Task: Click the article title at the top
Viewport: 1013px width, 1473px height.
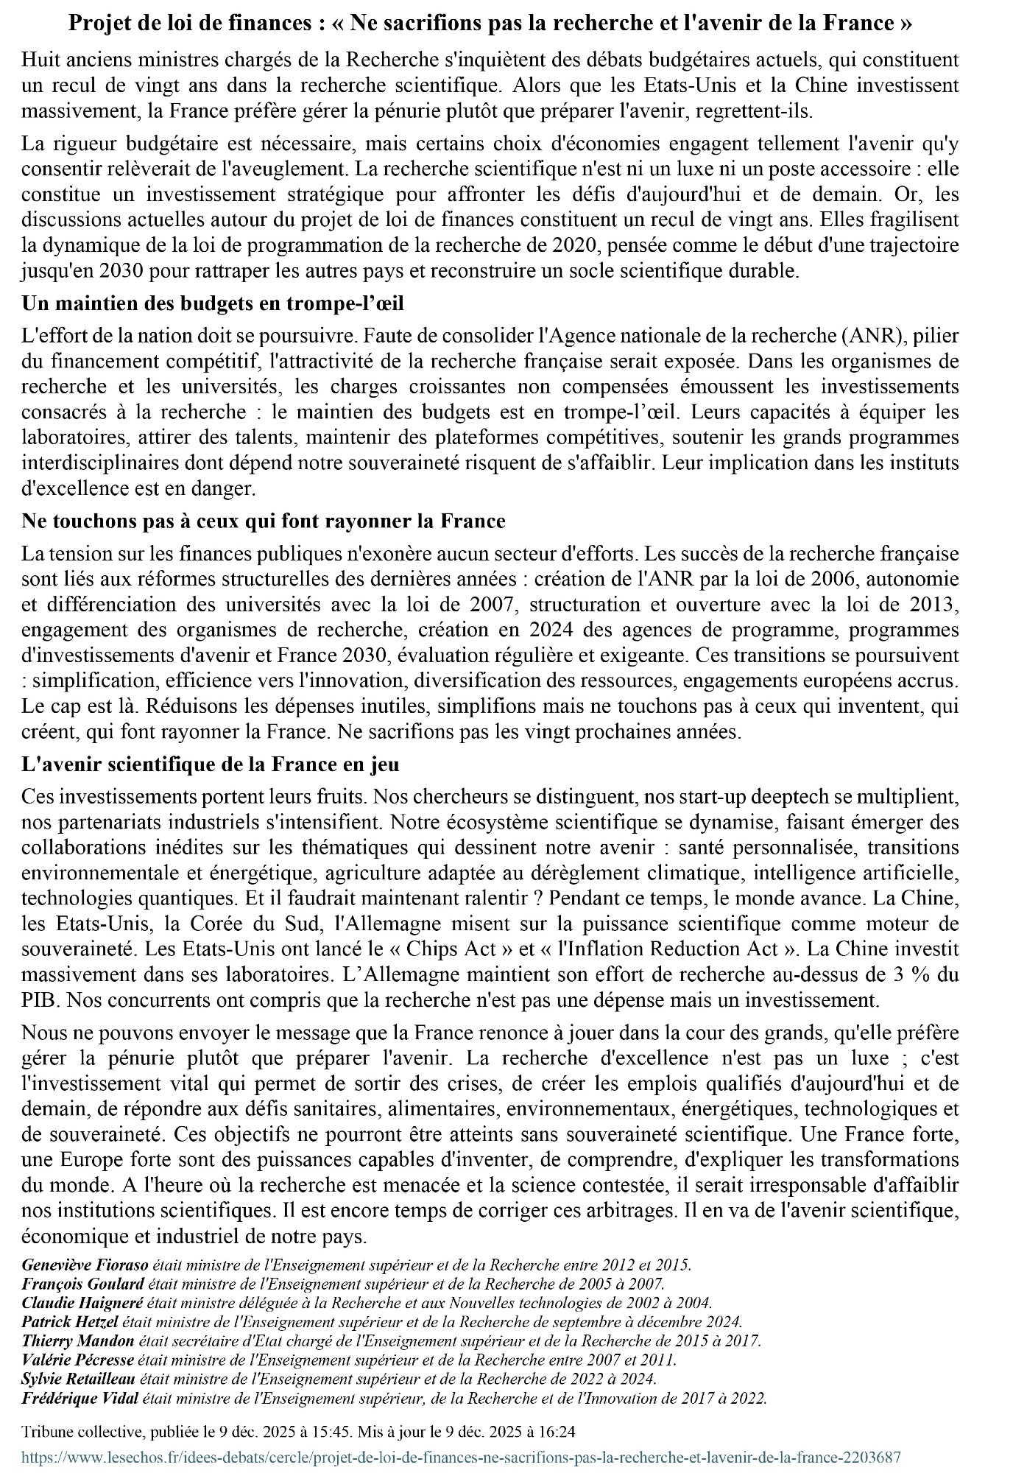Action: [x=490, y=24]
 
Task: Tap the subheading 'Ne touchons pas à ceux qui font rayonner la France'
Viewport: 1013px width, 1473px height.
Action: [x=264, y=521]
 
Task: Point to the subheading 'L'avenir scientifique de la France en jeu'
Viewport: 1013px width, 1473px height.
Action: [x=211, y=764]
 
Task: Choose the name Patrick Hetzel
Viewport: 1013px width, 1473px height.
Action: [x=70, y=1322]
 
